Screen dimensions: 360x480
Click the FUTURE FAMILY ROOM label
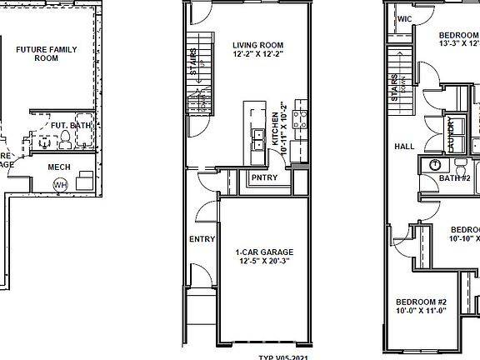click(x=47, y=55)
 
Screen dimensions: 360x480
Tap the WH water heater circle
click(x=59, y=185)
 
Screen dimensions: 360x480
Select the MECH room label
click(x=58, y=167)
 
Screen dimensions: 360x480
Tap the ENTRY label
click(x=202, y=239)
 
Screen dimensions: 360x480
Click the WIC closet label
click(x=406, y=17)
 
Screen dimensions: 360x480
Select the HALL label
click(x=404, y=147)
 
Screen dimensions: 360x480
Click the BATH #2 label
click(x=455, y=178)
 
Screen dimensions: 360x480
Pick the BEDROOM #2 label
click(x=422, y=302)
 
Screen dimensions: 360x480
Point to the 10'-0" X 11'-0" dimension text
click(x=422, y=312)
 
